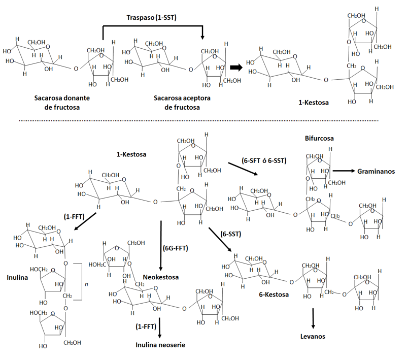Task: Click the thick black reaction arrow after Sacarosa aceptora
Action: click(x=236, y=67)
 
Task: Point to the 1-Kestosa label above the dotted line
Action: click(x=313, y=103)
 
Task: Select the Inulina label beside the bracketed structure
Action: click(x=18, y=278)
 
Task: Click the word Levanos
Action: click(x=312, y=336)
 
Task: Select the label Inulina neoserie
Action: click(x=160, y=345)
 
